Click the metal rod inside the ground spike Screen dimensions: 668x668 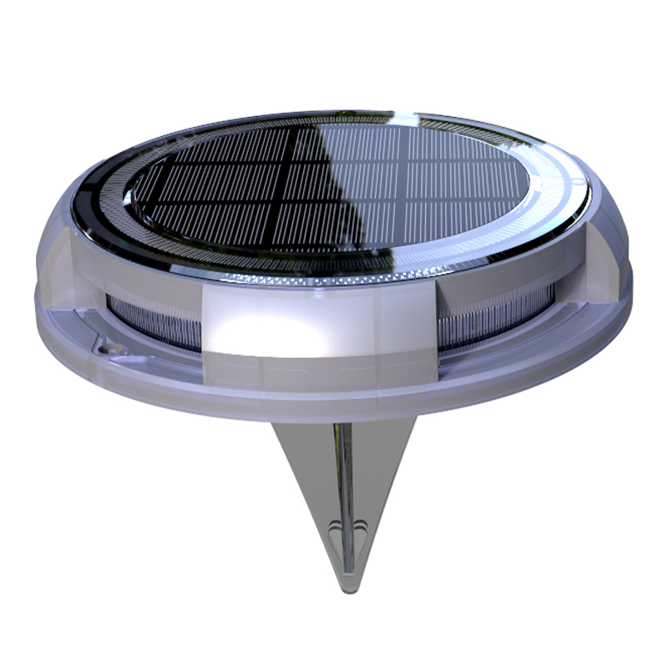[343, 476]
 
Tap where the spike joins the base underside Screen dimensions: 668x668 [342, 422]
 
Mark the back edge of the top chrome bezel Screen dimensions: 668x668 [334, 114]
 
